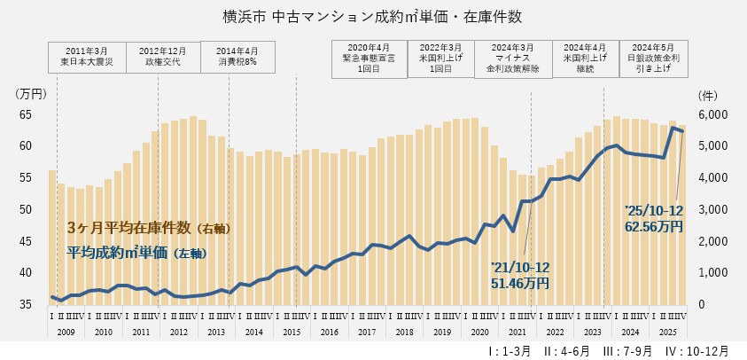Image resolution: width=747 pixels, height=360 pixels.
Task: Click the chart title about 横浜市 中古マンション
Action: click(373, 16)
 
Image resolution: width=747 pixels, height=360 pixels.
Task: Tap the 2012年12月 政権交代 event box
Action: click(163, 56)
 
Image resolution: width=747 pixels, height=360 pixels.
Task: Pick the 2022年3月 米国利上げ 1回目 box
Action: click(440, 56)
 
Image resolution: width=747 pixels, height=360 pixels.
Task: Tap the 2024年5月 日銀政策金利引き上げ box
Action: click(653, 56)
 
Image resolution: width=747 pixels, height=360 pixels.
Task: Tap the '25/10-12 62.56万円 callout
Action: click(654, 218)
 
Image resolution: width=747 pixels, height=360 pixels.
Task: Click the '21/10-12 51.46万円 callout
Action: click(520, 276)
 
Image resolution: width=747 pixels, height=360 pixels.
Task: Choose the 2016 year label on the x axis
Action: click(329, 331)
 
